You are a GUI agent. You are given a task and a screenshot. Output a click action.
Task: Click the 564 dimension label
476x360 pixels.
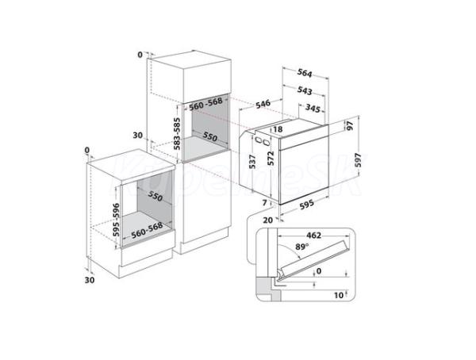pyautogui.click(x=305, y=73)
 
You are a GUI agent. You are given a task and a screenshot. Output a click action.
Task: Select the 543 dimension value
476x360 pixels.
pyautogui.click(x=305, y=90)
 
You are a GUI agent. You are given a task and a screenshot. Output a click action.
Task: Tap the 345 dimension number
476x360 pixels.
pyautogui.click(x=313, y=108)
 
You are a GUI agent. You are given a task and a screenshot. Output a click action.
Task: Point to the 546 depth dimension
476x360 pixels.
pyautogui.click(x=263, y=104)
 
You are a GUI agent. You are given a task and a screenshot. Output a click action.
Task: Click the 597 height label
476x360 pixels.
pyautogui.click(x=359, y=160)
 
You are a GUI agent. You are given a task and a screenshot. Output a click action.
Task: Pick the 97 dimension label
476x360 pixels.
pyautogui.click(x=350, y=125)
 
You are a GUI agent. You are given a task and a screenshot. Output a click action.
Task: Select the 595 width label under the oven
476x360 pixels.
pyautogui.click(x=306, y=205)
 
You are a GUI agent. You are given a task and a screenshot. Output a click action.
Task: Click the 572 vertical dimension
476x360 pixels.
pyautogui.click(x=271, y=158)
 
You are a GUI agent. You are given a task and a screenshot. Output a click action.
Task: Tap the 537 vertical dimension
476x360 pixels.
pyautogui.click(x=252, y=162)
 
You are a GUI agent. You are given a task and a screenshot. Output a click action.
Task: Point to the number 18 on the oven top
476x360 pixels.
pyautogui.click(x=278, y=129)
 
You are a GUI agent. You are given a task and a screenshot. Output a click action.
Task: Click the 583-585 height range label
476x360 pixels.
pyautogui.click(x=177, y=134)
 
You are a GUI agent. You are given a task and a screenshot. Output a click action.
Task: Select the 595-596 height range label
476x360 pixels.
pyautogui.click(x=116, y=220)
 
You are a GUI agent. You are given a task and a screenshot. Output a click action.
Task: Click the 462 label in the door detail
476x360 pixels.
pyautogui.click(x=313, y=236)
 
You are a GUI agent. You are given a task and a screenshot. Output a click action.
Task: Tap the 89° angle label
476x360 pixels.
pyautogui.click(x=302, y=247)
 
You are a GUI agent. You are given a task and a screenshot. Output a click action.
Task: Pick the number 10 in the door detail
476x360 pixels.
pyautogui.click(x=339, y=295)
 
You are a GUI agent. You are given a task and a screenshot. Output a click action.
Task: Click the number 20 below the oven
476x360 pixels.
pyautogui.click(x=268, y=220)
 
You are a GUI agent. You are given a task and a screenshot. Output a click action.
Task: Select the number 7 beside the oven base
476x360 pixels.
pyautogui.click(x=264, y=203)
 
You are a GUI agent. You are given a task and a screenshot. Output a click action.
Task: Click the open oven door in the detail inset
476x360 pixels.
pyautogui.click(x=314, y=259)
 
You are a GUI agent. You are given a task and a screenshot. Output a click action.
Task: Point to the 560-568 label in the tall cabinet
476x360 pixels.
pyautogui.click(x=205, y=104)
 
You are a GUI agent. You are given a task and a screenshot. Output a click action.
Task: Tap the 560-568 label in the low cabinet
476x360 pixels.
pyautogui.click(x=147, y=231)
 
